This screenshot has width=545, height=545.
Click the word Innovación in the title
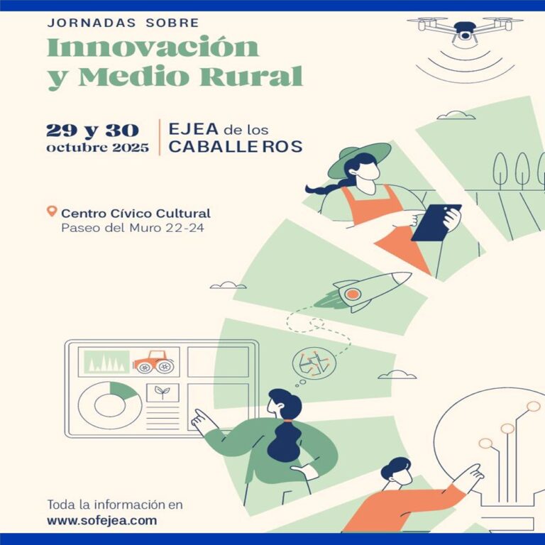(x=153, y=47)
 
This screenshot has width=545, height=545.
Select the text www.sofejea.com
(x=102, y=521)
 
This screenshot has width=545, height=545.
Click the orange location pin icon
(x=51, y=211)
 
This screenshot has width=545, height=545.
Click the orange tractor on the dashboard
(x=154, y=362)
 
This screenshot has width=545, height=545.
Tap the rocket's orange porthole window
(x=353, y=294)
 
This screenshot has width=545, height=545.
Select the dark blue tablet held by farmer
(x=436, y=222)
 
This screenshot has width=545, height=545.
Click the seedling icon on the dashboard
(x=163, y=392)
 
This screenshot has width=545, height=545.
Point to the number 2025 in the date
(x=131, y=148)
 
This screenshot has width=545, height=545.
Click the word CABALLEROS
(x=236, y=146)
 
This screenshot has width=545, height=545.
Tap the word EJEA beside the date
(x=193, y=129)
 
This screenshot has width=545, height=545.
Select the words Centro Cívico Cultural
(x=136, y=213)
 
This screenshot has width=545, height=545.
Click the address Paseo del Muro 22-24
(x=133, y=228)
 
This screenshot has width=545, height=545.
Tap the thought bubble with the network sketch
(x=314, y=364)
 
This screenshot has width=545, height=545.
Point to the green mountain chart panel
(x=106, y=362)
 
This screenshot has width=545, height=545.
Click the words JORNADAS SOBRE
(x=123, y=23)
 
